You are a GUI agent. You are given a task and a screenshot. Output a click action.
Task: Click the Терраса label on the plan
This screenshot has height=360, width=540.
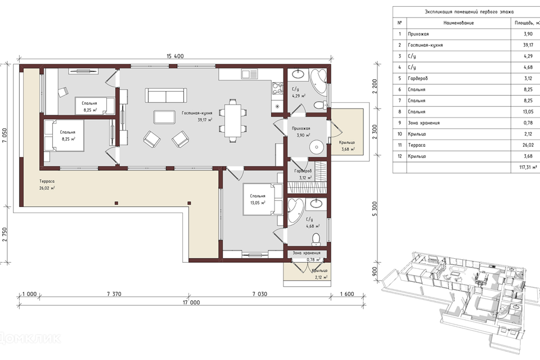click(x=47, y=181)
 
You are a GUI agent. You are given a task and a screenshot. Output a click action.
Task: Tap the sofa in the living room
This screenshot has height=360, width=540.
click(x=166, y=95)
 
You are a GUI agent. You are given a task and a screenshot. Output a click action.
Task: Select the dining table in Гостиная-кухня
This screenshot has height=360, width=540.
click(x=233, y=120)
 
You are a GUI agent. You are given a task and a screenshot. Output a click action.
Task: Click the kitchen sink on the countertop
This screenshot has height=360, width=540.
click(x=250, y=74)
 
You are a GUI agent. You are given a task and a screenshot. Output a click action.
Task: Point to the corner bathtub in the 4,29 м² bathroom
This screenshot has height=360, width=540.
click(x=318, y=80)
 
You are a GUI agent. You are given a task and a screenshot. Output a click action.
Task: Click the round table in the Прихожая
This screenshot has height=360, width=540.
click(x=316, y=148)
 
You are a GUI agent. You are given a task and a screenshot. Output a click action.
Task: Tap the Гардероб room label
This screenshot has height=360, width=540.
click(x=303, y=171)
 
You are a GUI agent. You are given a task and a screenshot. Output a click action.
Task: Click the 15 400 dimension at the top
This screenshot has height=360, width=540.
click(x=175, y=56)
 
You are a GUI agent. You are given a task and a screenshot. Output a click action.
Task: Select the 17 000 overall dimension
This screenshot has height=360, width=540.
click(x=191, y=303)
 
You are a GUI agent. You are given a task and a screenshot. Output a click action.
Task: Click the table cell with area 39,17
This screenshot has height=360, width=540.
click(x=528, y=45)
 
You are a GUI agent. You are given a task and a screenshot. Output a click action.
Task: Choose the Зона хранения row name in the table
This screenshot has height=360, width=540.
click(x=424, y=123)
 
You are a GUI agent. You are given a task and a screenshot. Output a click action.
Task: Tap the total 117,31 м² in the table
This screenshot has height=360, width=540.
click(x=528, y=168)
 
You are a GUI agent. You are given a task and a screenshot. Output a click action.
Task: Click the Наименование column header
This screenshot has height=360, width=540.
click(x=458, y=23)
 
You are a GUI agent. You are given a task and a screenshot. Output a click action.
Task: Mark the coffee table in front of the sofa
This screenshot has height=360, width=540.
click(x=164, y=117)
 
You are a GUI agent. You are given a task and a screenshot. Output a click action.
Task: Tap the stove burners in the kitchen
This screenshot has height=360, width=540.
click(x=277, y=88)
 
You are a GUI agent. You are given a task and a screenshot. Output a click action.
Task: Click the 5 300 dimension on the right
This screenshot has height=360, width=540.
click(x=375, y=209)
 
